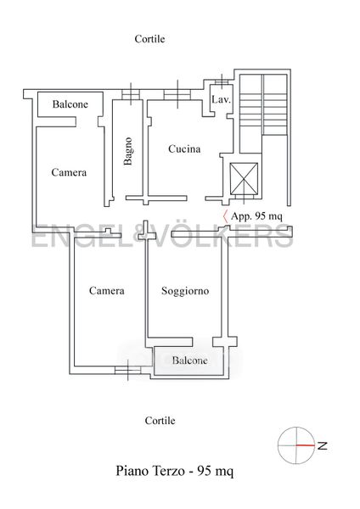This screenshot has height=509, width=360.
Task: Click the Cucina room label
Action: click(x=184, y=149)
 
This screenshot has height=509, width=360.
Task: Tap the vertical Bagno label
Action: click(x=128, y=151)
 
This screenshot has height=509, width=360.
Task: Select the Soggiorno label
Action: click(x=185, y=291)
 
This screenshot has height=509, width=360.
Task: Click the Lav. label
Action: click(x=221, y=99)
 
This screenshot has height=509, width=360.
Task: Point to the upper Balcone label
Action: click(x=70, y=104)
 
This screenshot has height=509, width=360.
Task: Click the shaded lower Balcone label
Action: click(x=189, y=361)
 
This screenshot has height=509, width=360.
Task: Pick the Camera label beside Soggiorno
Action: click(x=107, y=290)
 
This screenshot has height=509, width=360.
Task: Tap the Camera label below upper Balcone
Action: click(x=69, y=172)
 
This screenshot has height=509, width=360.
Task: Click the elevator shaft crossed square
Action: click(x=244, y=179)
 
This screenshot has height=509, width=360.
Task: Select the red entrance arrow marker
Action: click(x=225, y=216)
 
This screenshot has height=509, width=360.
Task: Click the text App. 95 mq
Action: click(x=256, y=216)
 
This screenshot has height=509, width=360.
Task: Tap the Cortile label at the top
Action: click(x=149, y=39)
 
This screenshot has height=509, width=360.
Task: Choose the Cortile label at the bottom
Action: click(x=160, y=421)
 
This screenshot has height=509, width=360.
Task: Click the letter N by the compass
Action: click(x=322, y=445)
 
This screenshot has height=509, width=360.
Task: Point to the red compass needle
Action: click(x=306, y=445)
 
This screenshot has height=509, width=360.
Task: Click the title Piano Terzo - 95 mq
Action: click(x=174, y=471)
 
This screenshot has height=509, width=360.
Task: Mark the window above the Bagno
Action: click(x=131, y=94)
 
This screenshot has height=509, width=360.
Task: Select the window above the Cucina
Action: click(x=177, y=94)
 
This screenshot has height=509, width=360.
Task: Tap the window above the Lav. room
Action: click(x=222, y=81)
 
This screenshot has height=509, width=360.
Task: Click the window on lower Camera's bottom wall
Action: click(x=127, y=370)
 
